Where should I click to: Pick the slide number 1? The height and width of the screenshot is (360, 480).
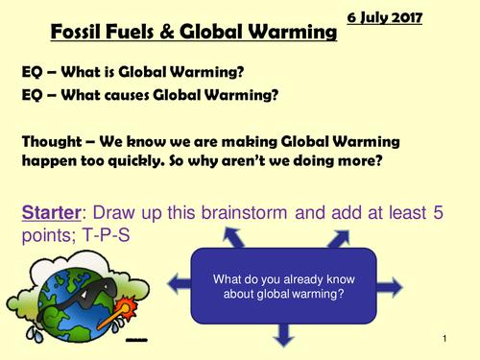point(447,341)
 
